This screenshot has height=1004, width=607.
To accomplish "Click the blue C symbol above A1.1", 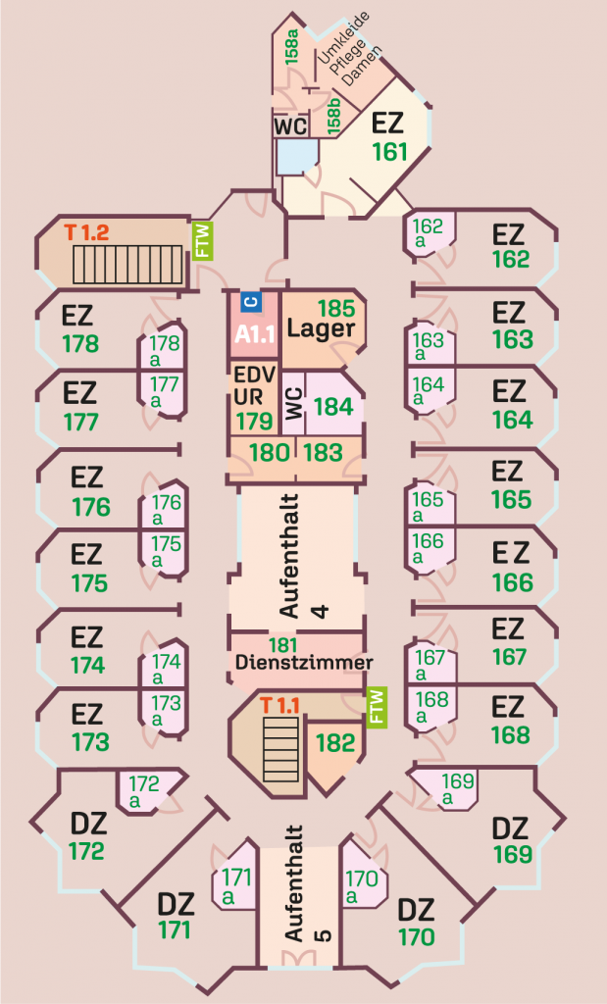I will pos(249,302).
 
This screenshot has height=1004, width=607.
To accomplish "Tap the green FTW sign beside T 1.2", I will pos(202,240).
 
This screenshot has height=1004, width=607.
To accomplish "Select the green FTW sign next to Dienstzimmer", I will pos(376,707).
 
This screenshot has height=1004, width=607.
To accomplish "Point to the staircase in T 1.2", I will pos(128,264).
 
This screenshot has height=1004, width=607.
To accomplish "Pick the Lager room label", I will pos(321,329).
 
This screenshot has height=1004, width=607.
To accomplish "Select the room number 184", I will pos(332,405).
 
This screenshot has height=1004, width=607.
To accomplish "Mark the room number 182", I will pos(335,742).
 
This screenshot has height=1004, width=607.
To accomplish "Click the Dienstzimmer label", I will pos(304,663).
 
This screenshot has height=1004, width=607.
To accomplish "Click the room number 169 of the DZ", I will pos(513,853).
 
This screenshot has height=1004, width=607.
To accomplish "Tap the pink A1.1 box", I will pos(255,333).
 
